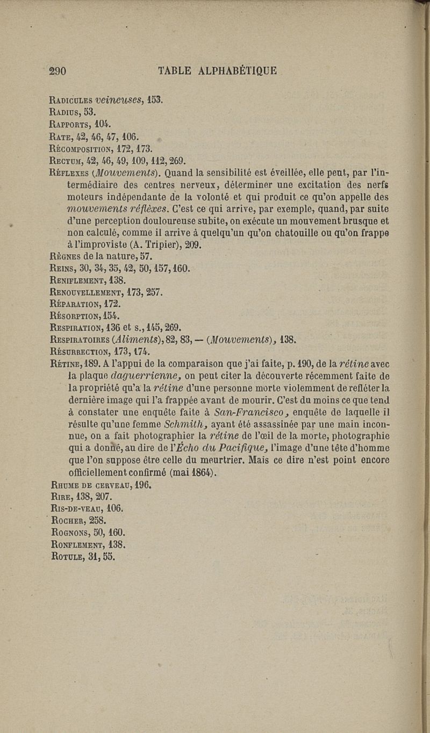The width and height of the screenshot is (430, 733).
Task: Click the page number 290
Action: tap(57, 71)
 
